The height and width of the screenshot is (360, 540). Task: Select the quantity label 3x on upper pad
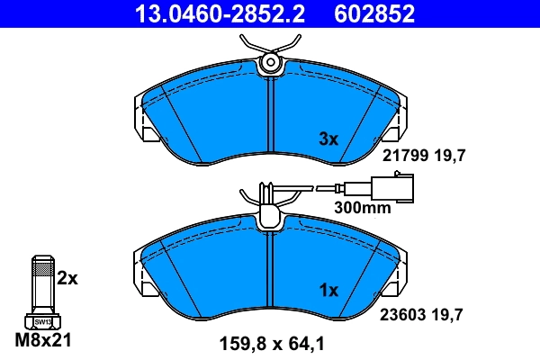[328, 139]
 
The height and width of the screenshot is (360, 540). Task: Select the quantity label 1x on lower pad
[328, 291]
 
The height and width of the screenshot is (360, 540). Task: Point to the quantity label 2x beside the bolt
[67, 279]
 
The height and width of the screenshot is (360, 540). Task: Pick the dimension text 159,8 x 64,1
[270, 342]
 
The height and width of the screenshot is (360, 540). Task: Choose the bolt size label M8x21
[42, 341]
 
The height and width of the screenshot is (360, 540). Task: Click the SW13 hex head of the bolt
[42, 320]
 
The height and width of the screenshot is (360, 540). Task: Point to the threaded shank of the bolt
[42, 283]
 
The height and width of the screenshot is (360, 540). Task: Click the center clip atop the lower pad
[269, 216]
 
